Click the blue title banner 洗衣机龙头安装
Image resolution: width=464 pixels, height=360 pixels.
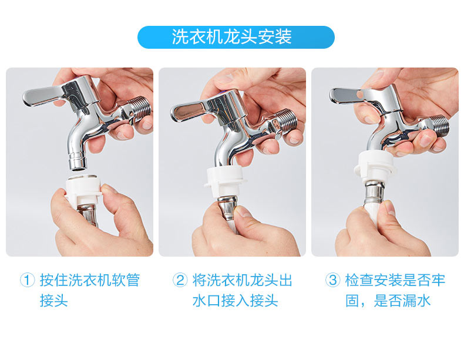[x=236, y=37]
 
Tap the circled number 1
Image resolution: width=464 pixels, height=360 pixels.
[x=28, y=280]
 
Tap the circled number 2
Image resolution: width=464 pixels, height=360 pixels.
[x=180, y=280]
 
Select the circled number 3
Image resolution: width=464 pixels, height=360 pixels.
[x=333, y=280]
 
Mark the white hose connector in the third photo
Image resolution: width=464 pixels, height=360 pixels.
[x=375, y=167]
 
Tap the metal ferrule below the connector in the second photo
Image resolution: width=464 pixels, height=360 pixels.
[x=227, y=208]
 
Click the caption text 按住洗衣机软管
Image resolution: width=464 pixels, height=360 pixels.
[x=90, y=280]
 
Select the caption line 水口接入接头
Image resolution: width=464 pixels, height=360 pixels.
[x=236, y=301]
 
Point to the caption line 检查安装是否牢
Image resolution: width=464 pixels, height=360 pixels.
[x=395, y=280]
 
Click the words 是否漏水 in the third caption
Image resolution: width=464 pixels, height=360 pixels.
[x=402, y=301]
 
